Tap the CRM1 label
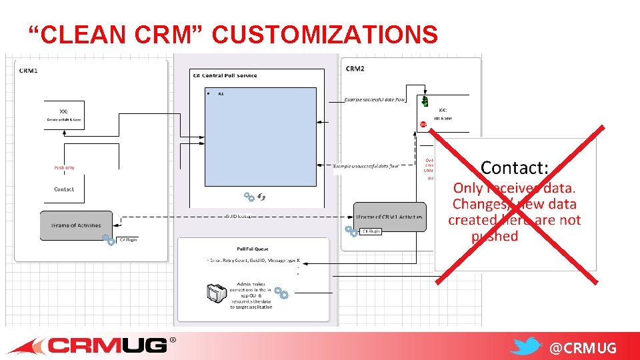[x=29, y=70]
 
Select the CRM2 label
[x=355, y=69]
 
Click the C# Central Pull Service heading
[x=225, y=75]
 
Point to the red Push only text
[x=64, y=168]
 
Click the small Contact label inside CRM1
[x=64, y=189]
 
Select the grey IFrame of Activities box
[x=76, y=225]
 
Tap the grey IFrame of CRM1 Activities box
[x=390, y=217]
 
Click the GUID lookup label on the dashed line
[x=239, y=217]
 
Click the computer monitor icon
[x=215, y=293]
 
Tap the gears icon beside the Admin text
[x=281, y=293]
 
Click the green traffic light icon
[x=424, y=101]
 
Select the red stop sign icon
[x=423, y=124]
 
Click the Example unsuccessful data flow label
[x=365, y=165]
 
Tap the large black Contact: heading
[x=514, y=167]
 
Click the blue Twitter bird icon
[x=527, y=346]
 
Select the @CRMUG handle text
[x=583, y=348]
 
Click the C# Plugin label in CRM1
[x=127, y=239]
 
